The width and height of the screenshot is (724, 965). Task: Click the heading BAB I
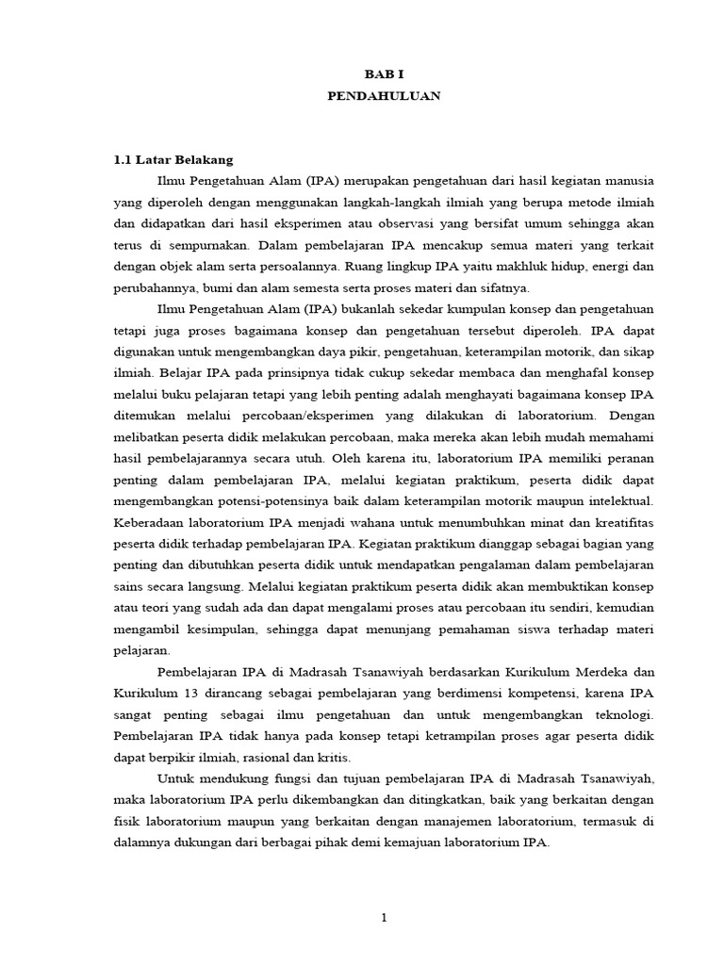coord(383,73)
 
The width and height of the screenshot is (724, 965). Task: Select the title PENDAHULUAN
coord(383,95)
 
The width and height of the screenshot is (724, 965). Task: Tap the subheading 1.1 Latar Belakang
coord(173,159)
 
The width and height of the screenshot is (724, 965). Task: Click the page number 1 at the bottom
coord(384,919)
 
